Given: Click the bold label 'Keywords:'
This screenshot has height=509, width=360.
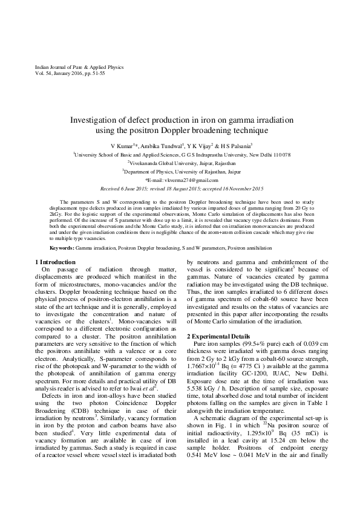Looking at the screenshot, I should (x=62, y=248).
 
